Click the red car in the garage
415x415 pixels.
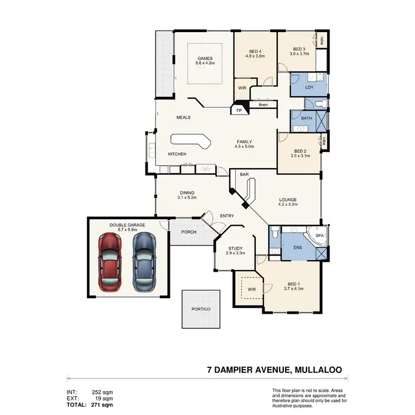point(110,262)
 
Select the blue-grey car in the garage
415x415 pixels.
point(144,262)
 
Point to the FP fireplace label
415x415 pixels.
point(239,111)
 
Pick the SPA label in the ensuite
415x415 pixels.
point(319,236)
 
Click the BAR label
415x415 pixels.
point(244,174)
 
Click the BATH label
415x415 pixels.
point(306,118)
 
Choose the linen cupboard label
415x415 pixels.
point(263,105)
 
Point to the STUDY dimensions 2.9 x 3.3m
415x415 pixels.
point(235,253)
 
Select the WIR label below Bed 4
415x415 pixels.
point(242,88)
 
